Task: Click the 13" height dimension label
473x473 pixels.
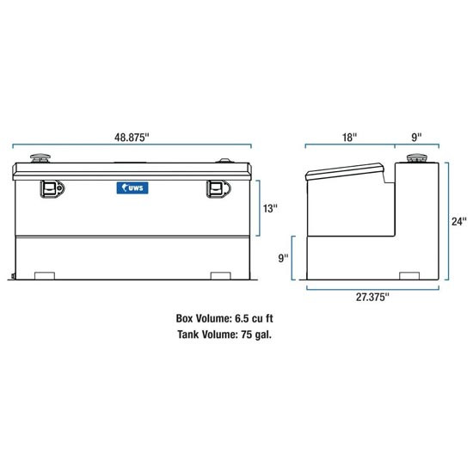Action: (x=270, y=208)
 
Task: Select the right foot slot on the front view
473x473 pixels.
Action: (x=223, y=276)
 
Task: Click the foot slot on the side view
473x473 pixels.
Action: (x=413, y=276)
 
